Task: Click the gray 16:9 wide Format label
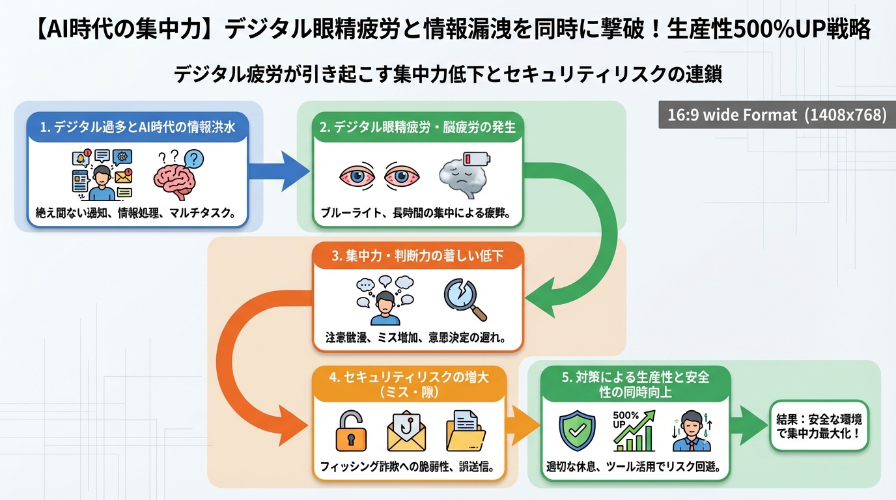click(x=777, y=115)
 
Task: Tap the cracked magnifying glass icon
click(x=464, y=299)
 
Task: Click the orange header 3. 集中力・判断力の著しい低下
click(x=417, y=256)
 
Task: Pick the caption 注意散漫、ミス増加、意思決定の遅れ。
click(x=417, y=339)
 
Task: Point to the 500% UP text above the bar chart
click(x=625, y=420)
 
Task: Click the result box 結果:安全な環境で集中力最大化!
click(x=819, y=426)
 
